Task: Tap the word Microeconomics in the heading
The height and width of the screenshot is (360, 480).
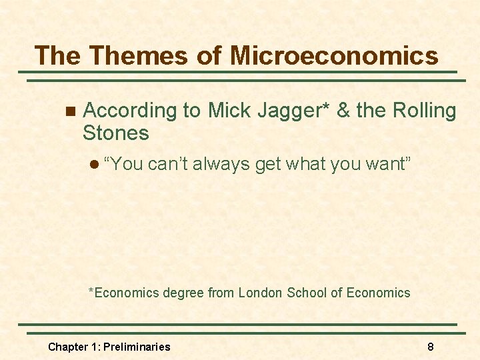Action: pyautogui.click(x=335, y=55)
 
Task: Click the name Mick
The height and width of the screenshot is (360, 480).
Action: pyautogui.click(x=229, y=110)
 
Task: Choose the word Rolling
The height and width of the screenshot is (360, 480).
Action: pyautogui.click(x=425, y=111)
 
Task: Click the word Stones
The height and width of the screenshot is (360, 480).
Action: pyautogui.click(x=115, y=133)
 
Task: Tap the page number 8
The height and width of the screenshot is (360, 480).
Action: pyautogui.click(x=431, y=347)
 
